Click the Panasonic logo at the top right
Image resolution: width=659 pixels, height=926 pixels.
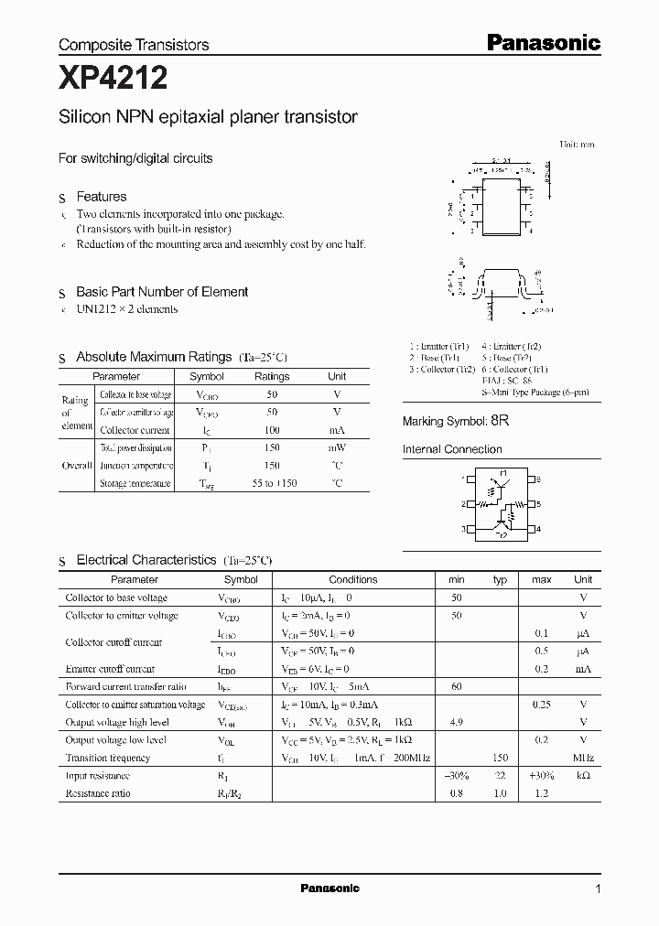(542, 42)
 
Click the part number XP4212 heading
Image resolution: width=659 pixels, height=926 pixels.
(113, 80)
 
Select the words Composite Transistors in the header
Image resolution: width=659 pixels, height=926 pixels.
(134, 44)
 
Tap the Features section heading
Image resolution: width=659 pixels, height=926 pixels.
(101, 197)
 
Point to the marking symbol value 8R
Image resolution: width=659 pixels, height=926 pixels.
(499, 421)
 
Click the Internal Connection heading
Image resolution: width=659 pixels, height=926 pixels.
(452, 449)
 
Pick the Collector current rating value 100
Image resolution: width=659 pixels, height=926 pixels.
(272, 430)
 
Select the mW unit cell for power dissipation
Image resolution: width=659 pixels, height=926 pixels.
(337, 448)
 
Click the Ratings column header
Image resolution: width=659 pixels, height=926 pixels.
(272, 376)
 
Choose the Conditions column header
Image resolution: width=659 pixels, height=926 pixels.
(352, 579)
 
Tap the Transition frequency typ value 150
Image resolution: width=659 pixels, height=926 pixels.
(500, 758)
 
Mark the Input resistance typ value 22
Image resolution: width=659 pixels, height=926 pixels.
(500, 776)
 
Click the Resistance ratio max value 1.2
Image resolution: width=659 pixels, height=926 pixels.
(541, 793)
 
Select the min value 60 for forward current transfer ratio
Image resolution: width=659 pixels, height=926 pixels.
(457, 686)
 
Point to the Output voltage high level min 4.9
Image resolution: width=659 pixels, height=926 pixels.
(457, 722)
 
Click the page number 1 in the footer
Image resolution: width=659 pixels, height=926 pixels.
(598, 888)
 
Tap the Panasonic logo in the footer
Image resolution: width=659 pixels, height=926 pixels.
(330, 888)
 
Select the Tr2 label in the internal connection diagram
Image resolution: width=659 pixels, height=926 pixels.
(501, 535)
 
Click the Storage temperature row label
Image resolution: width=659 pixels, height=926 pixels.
(135, 483)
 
